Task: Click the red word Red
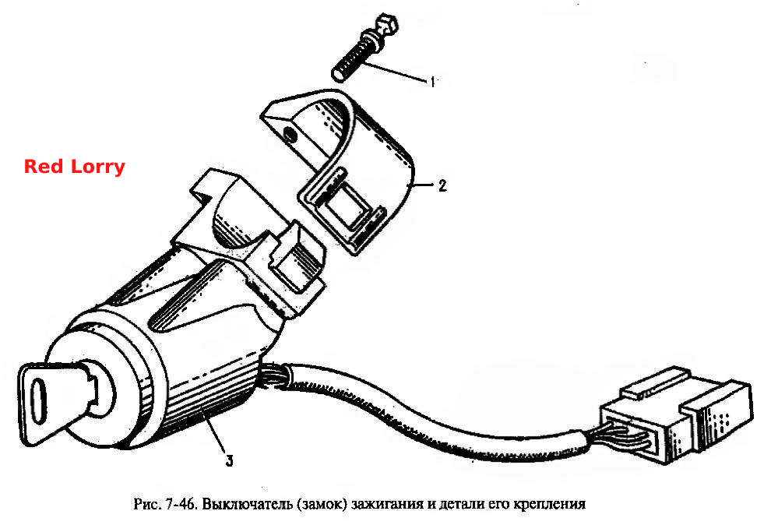click(x=44, y=166)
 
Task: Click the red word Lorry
click(x=98, y=167)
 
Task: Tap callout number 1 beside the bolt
click(x=433, y=82)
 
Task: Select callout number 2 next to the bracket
click(x=442, y=185)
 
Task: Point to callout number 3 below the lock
click(x=229, y=460)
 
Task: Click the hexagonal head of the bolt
click(x=386, y=26)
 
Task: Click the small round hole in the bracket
click(x=291, y=134)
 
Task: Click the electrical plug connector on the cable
click(x=676, y=414)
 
